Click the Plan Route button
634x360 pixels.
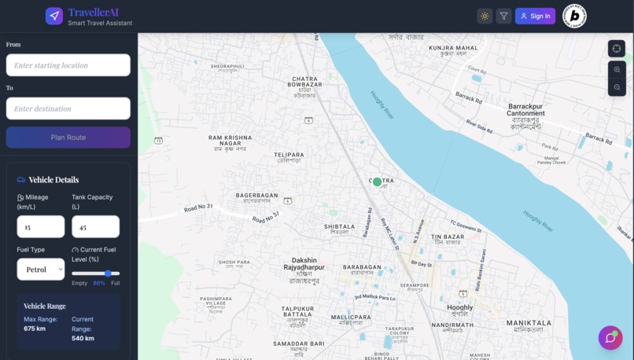(x=68, y=138)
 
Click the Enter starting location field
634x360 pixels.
(x=68, y=65)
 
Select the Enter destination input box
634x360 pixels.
(x=68, y=108)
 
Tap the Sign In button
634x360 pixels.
(x=535, y=16)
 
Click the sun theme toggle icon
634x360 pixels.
(x=485, y=16)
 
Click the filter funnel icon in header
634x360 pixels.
(x=503, y=16)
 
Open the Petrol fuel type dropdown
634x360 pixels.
(x=40, y=269)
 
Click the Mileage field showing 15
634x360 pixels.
(x=40, y=227)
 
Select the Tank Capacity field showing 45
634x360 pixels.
(x=95, y=227)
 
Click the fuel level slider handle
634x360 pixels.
(x=108, y=274)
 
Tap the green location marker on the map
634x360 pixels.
(x=377, y=182)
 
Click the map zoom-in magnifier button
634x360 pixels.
(x=617, y=70)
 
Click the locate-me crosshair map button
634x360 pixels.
(x=617, y=48)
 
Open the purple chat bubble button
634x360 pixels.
(x=610, y=338)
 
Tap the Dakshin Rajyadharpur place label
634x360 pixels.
(x=304, y=264)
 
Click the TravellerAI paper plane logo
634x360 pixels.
(x=53, y=16)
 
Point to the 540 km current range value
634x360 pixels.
(x=83, y=338)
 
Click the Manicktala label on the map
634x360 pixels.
(x=529, y=323)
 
